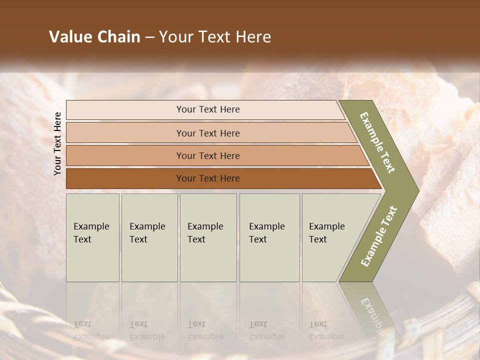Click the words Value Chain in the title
coord(94,37)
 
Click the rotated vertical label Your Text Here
coord(57,143)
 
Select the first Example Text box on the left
coord(92,237)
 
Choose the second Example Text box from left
coord(149,237)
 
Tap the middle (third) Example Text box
coord(208,237)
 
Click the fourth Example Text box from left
coord(269,237)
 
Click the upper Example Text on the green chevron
coord(377,142)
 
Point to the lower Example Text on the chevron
coord(379,236)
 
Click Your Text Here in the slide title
coord(215,37)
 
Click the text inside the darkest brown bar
coord(208,178)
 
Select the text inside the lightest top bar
coord(208,109)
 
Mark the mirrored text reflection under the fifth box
coord(326,330)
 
